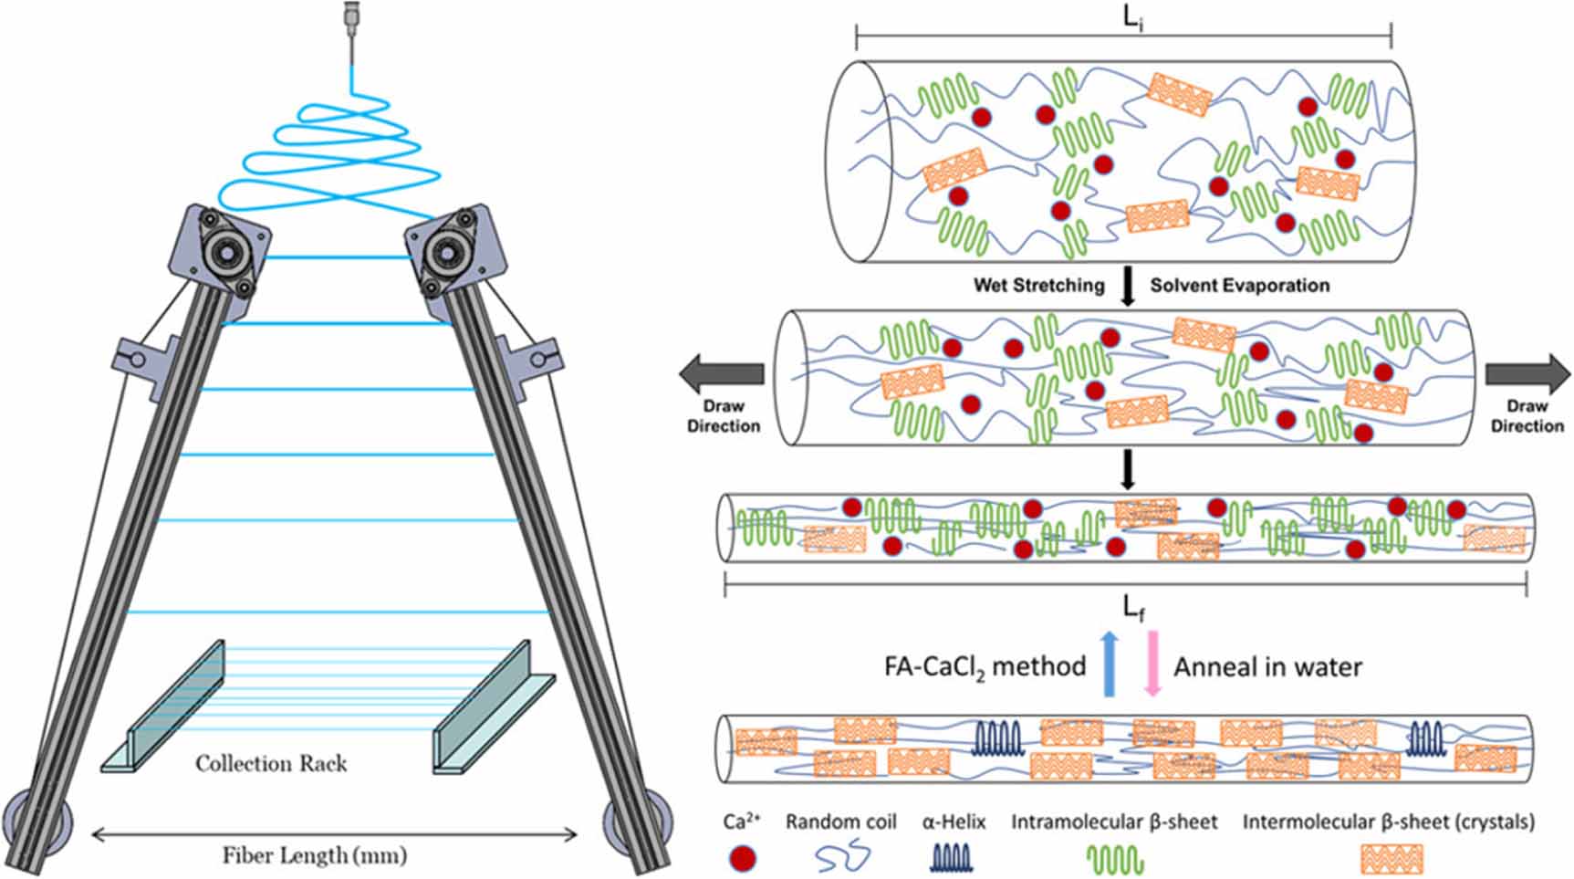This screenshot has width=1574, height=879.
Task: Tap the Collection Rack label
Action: (x=271, y=763)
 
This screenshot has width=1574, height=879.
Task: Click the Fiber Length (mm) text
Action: (x=315, y=855)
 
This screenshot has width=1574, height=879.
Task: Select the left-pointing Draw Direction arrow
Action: (x=721, y=374)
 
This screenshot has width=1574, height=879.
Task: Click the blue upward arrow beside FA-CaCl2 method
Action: (x=1110, y=664)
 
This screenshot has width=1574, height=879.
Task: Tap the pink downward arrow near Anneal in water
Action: (x=1152, y=664)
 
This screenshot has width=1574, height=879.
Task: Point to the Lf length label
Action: (x=1132, y=607)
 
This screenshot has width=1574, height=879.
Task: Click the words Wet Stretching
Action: (x=1038, y=285)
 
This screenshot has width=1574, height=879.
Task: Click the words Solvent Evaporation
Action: (x=1239, y=285)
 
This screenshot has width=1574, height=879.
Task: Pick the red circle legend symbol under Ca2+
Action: (x=743, y=858)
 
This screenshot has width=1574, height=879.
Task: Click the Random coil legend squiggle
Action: (x=841, y=858)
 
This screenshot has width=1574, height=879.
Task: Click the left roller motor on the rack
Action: (x=222, y=253)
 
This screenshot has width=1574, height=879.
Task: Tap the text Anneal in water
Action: (x=1267, y=667)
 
